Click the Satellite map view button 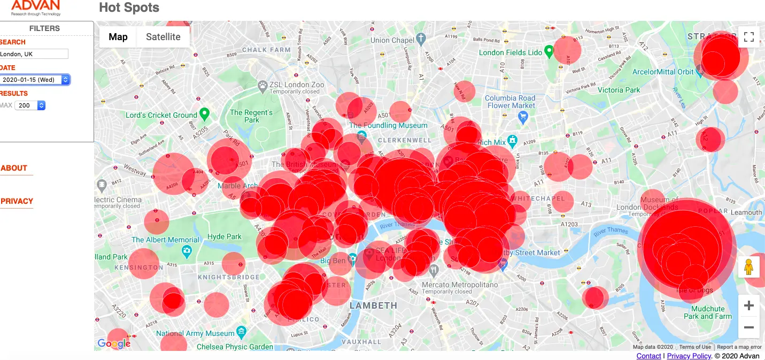click(x=163, y=37)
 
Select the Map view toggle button click(x=118, y=37)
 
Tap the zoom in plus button click(x=748, y=305)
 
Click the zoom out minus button click(x=748, y=327)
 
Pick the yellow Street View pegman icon click(x=748, y=266)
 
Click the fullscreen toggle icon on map click(x=748, y=37)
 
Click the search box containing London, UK click(x=34, y=54)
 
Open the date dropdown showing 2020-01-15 click(x=35, y=80)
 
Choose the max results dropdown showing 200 click(x=30, y=105)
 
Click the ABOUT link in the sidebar click(x=14, y=168)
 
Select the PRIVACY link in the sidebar click(x=17, y=201)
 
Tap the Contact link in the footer click(x=648, y=356)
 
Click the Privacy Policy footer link click(x=689, y=356)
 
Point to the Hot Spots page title click(x=129, y=8)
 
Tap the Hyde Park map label click(x=225, y=236)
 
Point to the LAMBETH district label click(x=374, y=305)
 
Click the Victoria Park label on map click(x=619, y=90)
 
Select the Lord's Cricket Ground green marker click(x=204, y=114)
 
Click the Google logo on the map click(x=114, y=343)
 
